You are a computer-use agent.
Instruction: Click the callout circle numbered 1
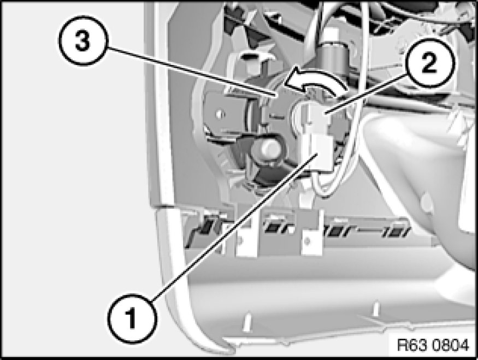pos(132,319)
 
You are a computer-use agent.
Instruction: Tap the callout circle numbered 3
pos(82,40)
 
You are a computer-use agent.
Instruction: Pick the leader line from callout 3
pos(192,71)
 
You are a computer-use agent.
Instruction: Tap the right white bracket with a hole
pos(311,233)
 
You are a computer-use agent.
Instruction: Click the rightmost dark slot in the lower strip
pos(397,231)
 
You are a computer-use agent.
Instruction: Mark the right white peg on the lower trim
pos(376,309)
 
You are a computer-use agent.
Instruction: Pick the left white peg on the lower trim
pos(247,322)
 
